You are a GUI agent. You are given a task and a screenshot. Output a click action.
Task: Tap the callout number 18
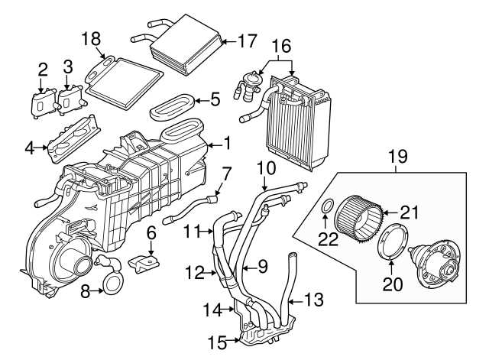point(91,38)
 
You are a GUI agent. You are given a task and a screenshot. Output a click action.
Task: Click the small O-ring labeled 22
point(326,206)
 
